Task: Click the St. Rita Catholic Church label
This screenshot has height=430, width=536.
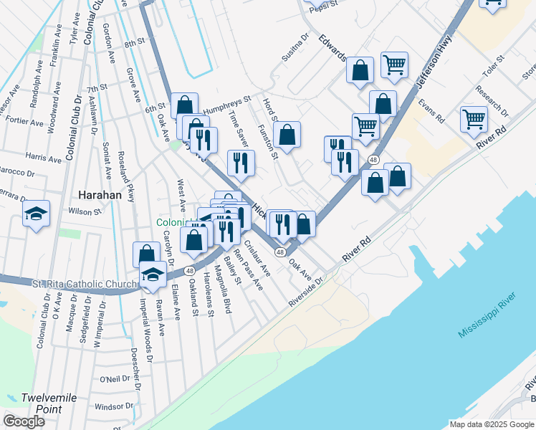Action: pyautogui.click(x=84, y=284)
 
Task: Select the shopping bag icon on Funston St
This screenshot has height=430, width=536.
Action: pyautogui.click(x=287, y=134)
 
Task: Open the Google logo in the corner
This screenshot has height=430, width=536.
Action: pyautogui.click(x=24, y=421)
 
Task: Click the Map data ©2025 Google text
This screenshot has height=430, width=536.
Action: pyautogui.click(x=492, y=424)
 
